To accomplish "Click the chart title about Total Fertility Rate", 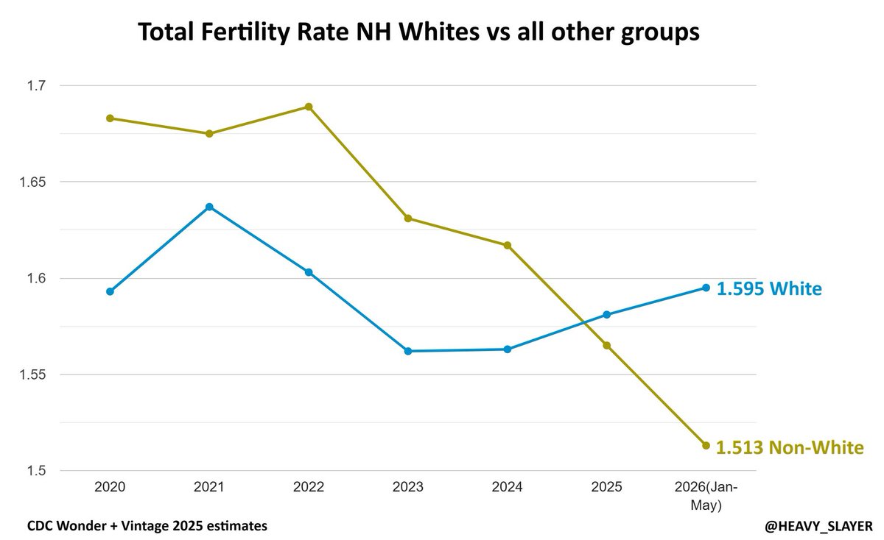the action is pyautogui.click(x=418, y=32).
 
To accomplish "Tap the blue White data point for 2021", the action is pyautogui.click(x=209, y=207).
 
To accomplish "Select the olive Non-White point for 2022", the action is pyautogui.click(x=309, y=107).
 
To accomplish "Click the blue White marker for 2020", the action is pyautogui.click(x=110, y=291).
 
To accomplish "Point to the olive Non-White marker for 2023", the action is pyautogui.click(x=408, y=219).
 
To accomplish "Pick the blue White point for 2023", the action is pyautogui.click(x=408, y=351).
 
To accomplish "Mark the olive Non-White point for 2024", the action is pyautogui.click(x=508, y=246).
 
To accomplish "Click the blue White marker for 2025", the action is pyautogui.click(x=607, y=315).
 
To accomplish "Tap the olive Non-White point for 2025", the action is pyautogui.click(x=607, y=346).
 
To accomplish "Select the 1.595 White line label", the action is pyautogui.click(x=769, y=289).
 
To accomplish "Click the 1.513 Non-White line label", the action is pyautogui.click(x=790, y=447).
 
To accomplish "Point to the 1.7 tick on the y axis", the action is pyautogui.click(x=36, y=85).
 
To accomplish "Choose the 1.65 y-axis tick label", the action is pyautogui.click(x=32, y=182).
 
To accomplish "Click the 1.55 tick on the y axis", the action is pyautogui.click(x=32, y=374).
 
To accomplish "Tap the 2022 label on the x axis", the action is pyautogui.click(x=309, y=487).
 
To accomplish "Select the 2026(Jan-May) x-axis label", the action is pyautogui.click(x=706, y=496).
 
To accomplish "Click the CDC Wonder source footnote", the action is pyautogui.click(x=147, y=526).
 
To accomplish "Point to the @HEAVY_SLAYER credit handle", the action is pyautogui.click(x=819, y=526).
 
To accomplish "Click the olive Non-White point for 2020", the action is pyautogui.click(x=110, y=118).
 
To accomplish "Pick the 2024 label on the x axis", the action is pyautogui.click(x=507, y=487).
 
